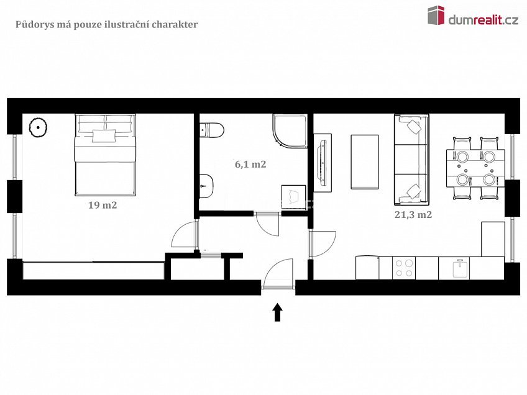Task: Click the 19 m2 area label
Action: [x=103, y=205]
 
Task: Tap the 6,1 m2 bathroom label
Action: [x=250, y=164]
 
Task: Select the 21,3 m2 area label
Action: [x=413, y=215]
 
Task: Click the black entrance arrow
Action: [x=277, y=312]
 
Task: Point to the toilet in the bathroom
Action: [x=212, y=130]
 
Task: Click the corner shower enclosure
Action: [x=290, y=131]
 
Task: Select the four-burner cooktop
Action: [x=404, y=268]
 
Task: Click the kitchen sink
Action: [x=461, y=268]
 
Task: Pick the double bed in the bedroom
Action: [x=105, y=155]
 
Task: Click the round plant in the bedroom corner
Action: [x=38, y=127]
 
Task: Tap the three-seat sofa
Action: [x=411, y=160]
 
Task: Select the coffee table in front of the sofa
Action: [x=365, y=162]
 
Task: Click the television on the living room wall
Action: [x=323, y=163]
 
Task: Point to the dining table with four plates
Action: [x=475, y=168]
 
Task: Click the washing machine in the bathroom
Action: [x=294, y=197]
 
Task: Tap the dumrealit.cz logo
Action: [x=473, y=16]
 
